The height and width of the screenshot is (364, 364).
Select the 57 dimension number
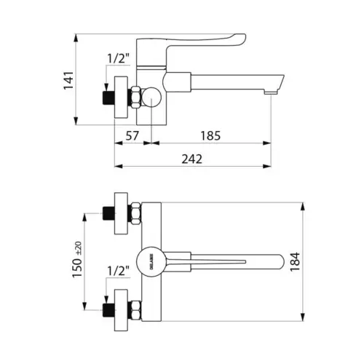click(x=132, y=135)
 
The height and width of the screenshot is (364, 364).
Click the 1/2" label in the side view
click(x=118, y=58)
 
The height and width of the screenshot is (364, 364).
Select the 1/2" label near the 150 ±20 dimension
click(x=118, y=270)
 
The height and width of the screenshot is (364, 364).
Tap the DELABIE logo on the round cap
click(x=146, y=260)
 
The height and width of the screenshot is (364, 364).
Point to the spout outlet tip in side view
click(x=271, y=91)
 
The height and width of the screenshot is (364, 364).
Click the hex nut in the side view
click(x=136, y=96)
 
